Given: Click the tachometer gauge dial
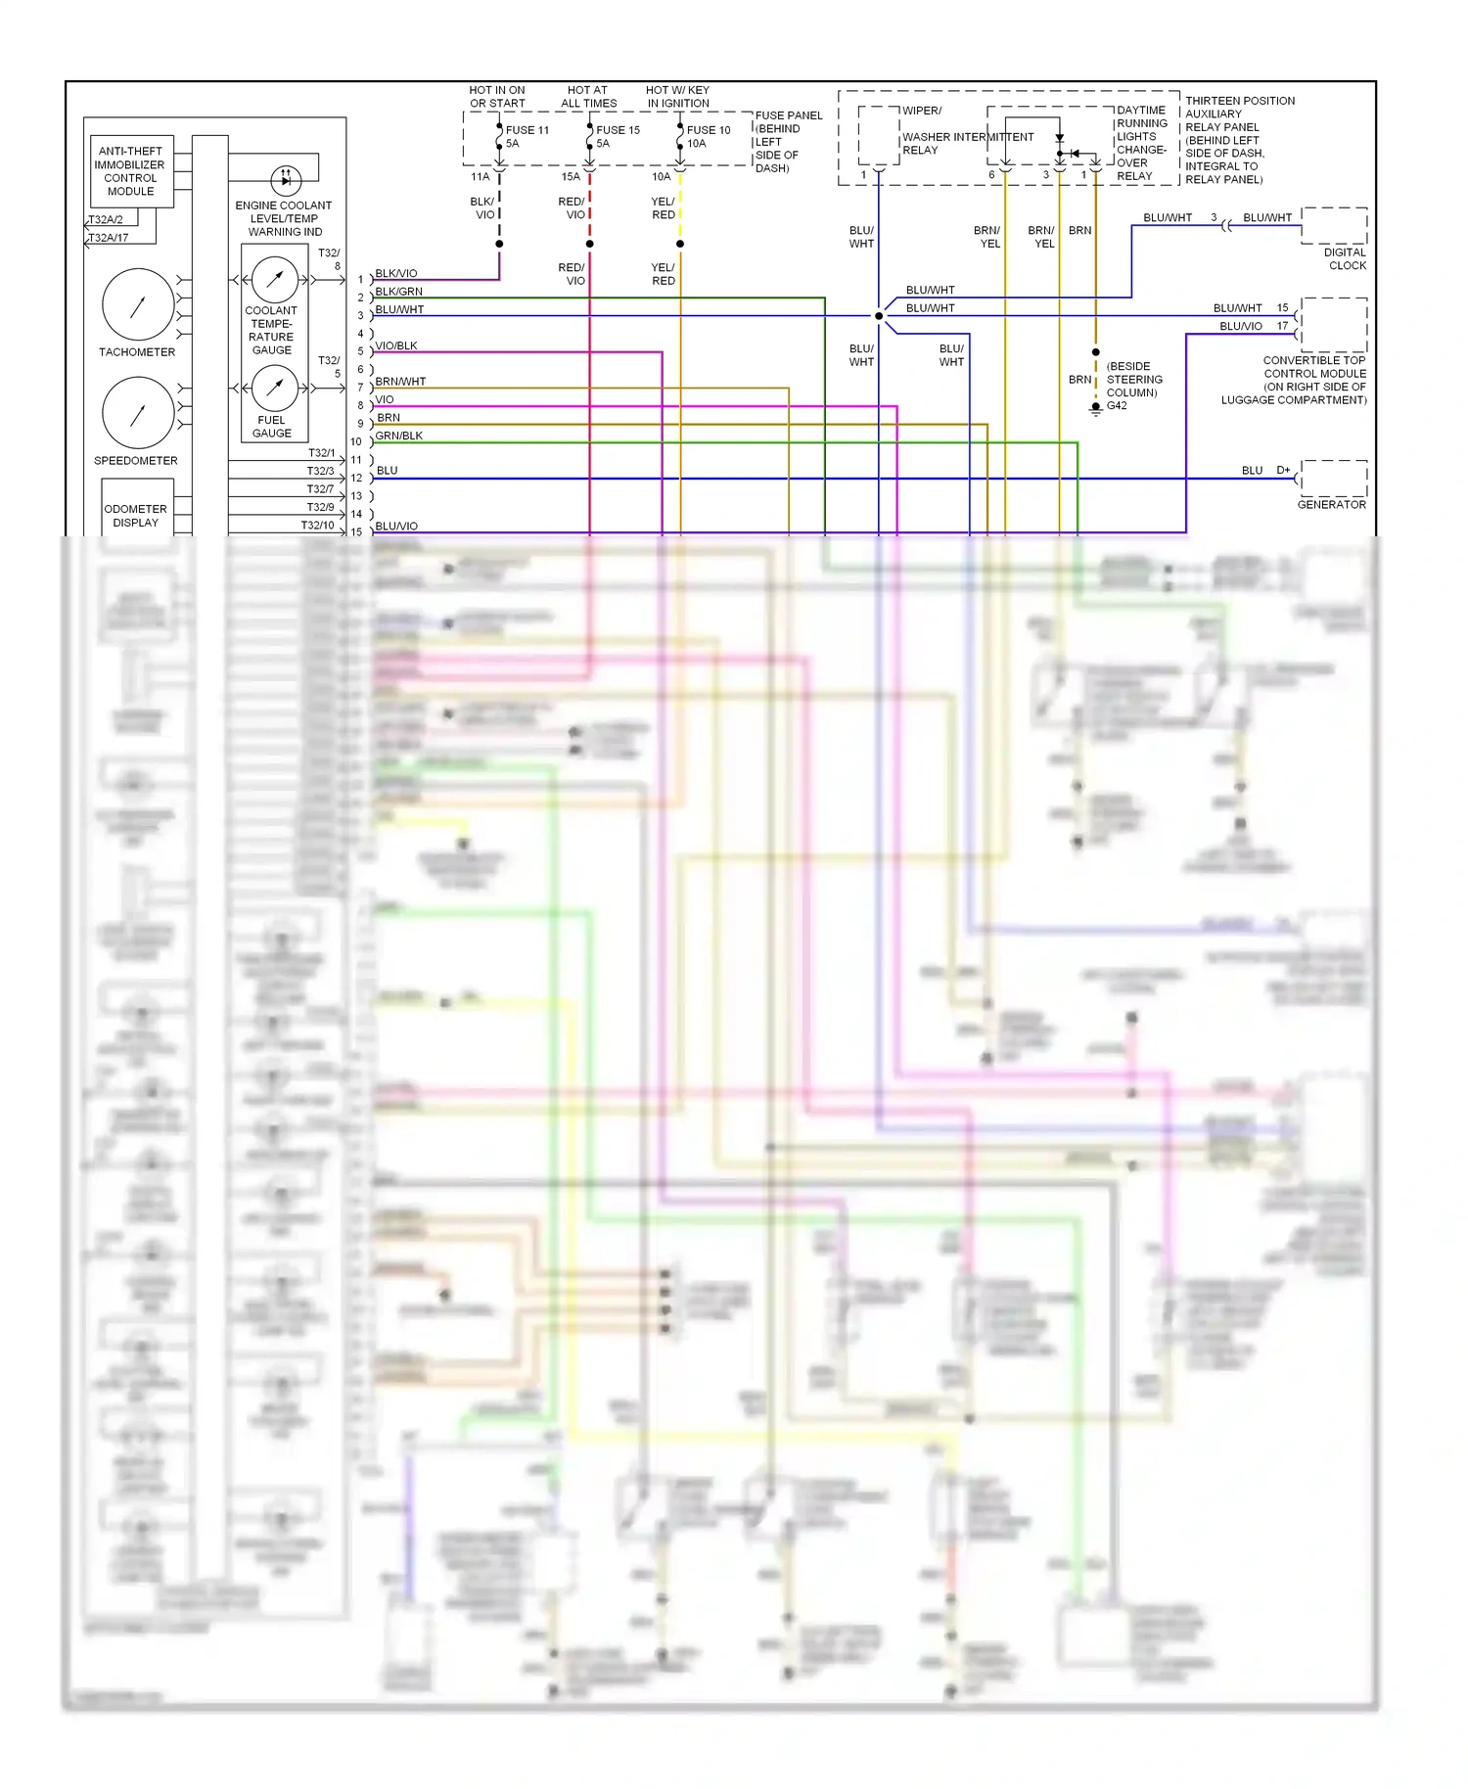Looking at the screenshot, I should tap(138, 305).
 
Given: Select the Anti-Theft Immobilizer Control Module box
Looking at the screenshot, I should tap(131, 171).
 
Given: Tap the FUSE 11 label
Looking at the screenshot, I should tap(527, 130).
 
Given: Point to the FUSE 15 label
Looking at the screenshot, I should tap(618, 130).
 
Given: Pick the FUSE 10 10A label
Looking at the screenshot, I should tap(708, 136).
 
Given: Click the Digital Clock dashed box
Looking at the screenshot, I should tap(1334, 226).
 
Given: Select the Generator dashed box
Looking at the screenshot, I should tap(1334, 479).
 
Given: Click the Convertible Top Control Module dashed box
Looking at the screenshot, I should tap(1334, 325).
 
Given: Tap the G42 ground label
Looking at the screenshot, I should tap(1117, 405).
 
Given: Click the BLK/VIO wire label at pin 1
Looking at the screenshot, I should tap(396, 274).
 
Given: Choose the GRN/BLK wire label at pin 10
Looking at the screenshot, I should tap(399, 436).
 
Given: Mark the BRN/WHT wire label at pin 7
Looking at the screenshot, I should tap(400, 382).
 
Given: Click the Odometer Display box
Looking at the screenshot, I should tap(136, 511).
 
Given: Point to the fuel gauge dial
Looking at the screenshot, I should tap(275, 389).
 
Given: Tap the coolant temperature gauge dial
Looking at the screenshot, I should tap(275, 280).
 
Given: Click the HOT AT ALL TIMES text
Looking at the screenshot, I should tap(588, 97).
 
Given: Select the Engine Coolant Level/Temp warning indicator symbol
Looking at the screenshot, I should tap(286, 180).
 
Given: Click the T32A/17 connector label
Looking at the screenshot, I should tap(109, 238).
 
